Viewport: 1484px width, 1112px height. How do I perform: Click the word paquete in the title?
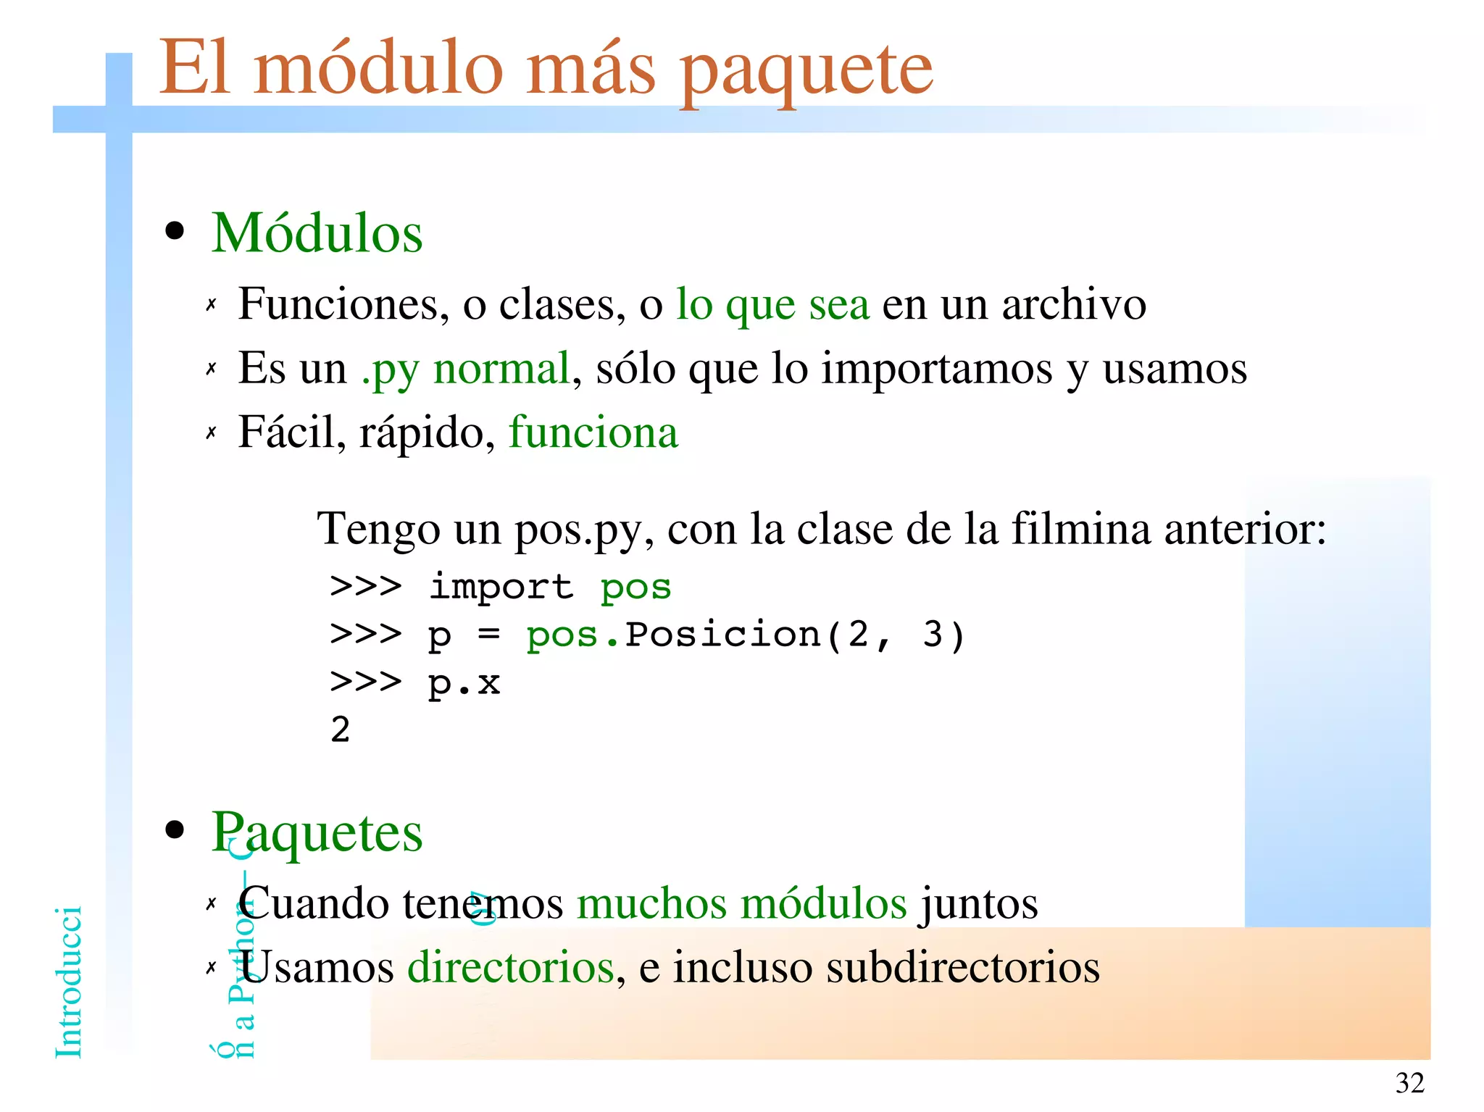[x=806, y=71]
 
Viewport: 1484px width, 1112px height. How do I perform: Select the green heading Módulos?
[x=317, y=233]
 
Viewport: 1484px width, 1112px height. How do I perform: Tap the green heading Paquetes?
[x=317, y=833]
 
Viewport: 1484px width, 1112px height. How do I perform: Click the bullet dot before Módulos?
[x=175, y=232]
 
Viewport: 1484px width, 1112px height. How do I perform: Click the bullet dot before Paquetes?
[x=175, y=830]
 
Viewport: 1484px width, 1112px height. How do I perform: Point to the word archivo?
[x=1074, y=304]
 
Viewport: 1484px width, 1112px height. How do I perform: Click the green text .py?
[x=390, y=369]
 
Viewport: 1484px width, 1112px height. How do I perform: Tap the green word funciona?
[x=593, y=432]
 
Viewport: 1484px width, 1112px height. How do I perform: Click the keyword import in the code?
[x=501, y=586]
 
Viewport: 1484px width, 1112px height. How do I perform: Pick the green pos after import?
[x=635, y=588]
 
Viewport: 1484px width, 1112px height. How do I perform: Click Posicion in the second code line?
[x=722, y=635]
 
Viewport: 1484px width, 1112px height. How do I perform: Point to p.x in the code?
[x=464, y=683]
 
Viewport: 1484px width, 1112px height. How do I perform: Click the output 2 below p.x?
[x=341, y=729]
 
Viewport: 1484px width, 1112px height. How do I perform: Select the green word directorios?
[x=511, y=967]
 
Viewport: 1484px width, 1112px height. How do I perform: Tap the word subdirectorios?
[x=963, y=967]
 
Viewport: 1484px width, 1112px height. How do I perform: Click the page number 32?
[x=1409, y=1083]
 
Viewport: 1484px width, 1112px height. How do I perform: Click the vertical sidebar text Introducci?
[x=69, y=982]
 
